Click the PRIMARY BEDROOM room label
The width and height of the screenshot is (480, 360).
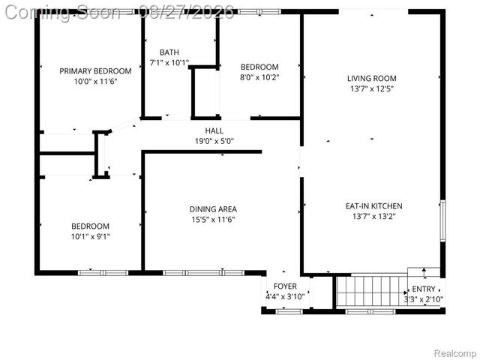tap(95, 71)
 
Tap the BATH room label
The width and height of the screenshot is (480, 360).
tap(169, 52)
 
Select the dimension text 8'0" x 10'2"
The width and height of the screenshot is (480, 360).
tap(259, 76)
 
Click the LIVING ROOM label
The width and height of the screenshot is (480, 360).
tap(371, 78)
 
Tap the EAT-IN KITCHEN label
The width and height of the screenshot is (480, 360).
tap(373, 205)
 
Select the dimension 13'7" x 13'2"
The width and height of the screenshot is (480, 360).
tap(373, 216)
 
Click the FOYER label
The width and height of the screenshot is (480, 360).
tap(285, 286)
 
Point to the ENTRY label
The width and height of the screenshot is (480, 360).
tap(423, 289)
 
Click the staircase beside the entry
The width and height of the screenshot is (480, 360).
tap(369, 290)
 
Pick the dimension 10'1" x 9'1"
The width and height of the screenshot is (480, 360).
tap(91, 236)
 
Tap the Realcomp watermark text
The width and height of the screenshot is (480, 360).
tap(456, 352)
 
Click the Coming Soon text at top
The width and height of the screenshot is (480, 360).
tap(61, 11)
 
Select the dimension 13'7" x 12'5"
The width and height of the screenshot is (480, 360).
tap(371, 88)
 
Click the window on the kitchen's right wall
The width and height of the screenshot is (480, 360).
tap(442, 220)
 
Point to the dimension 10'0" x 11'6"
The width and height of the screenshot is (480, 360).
tap(95, 82)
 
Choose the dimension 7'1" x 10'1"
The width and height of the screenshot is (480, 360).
tap(169, 63)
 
